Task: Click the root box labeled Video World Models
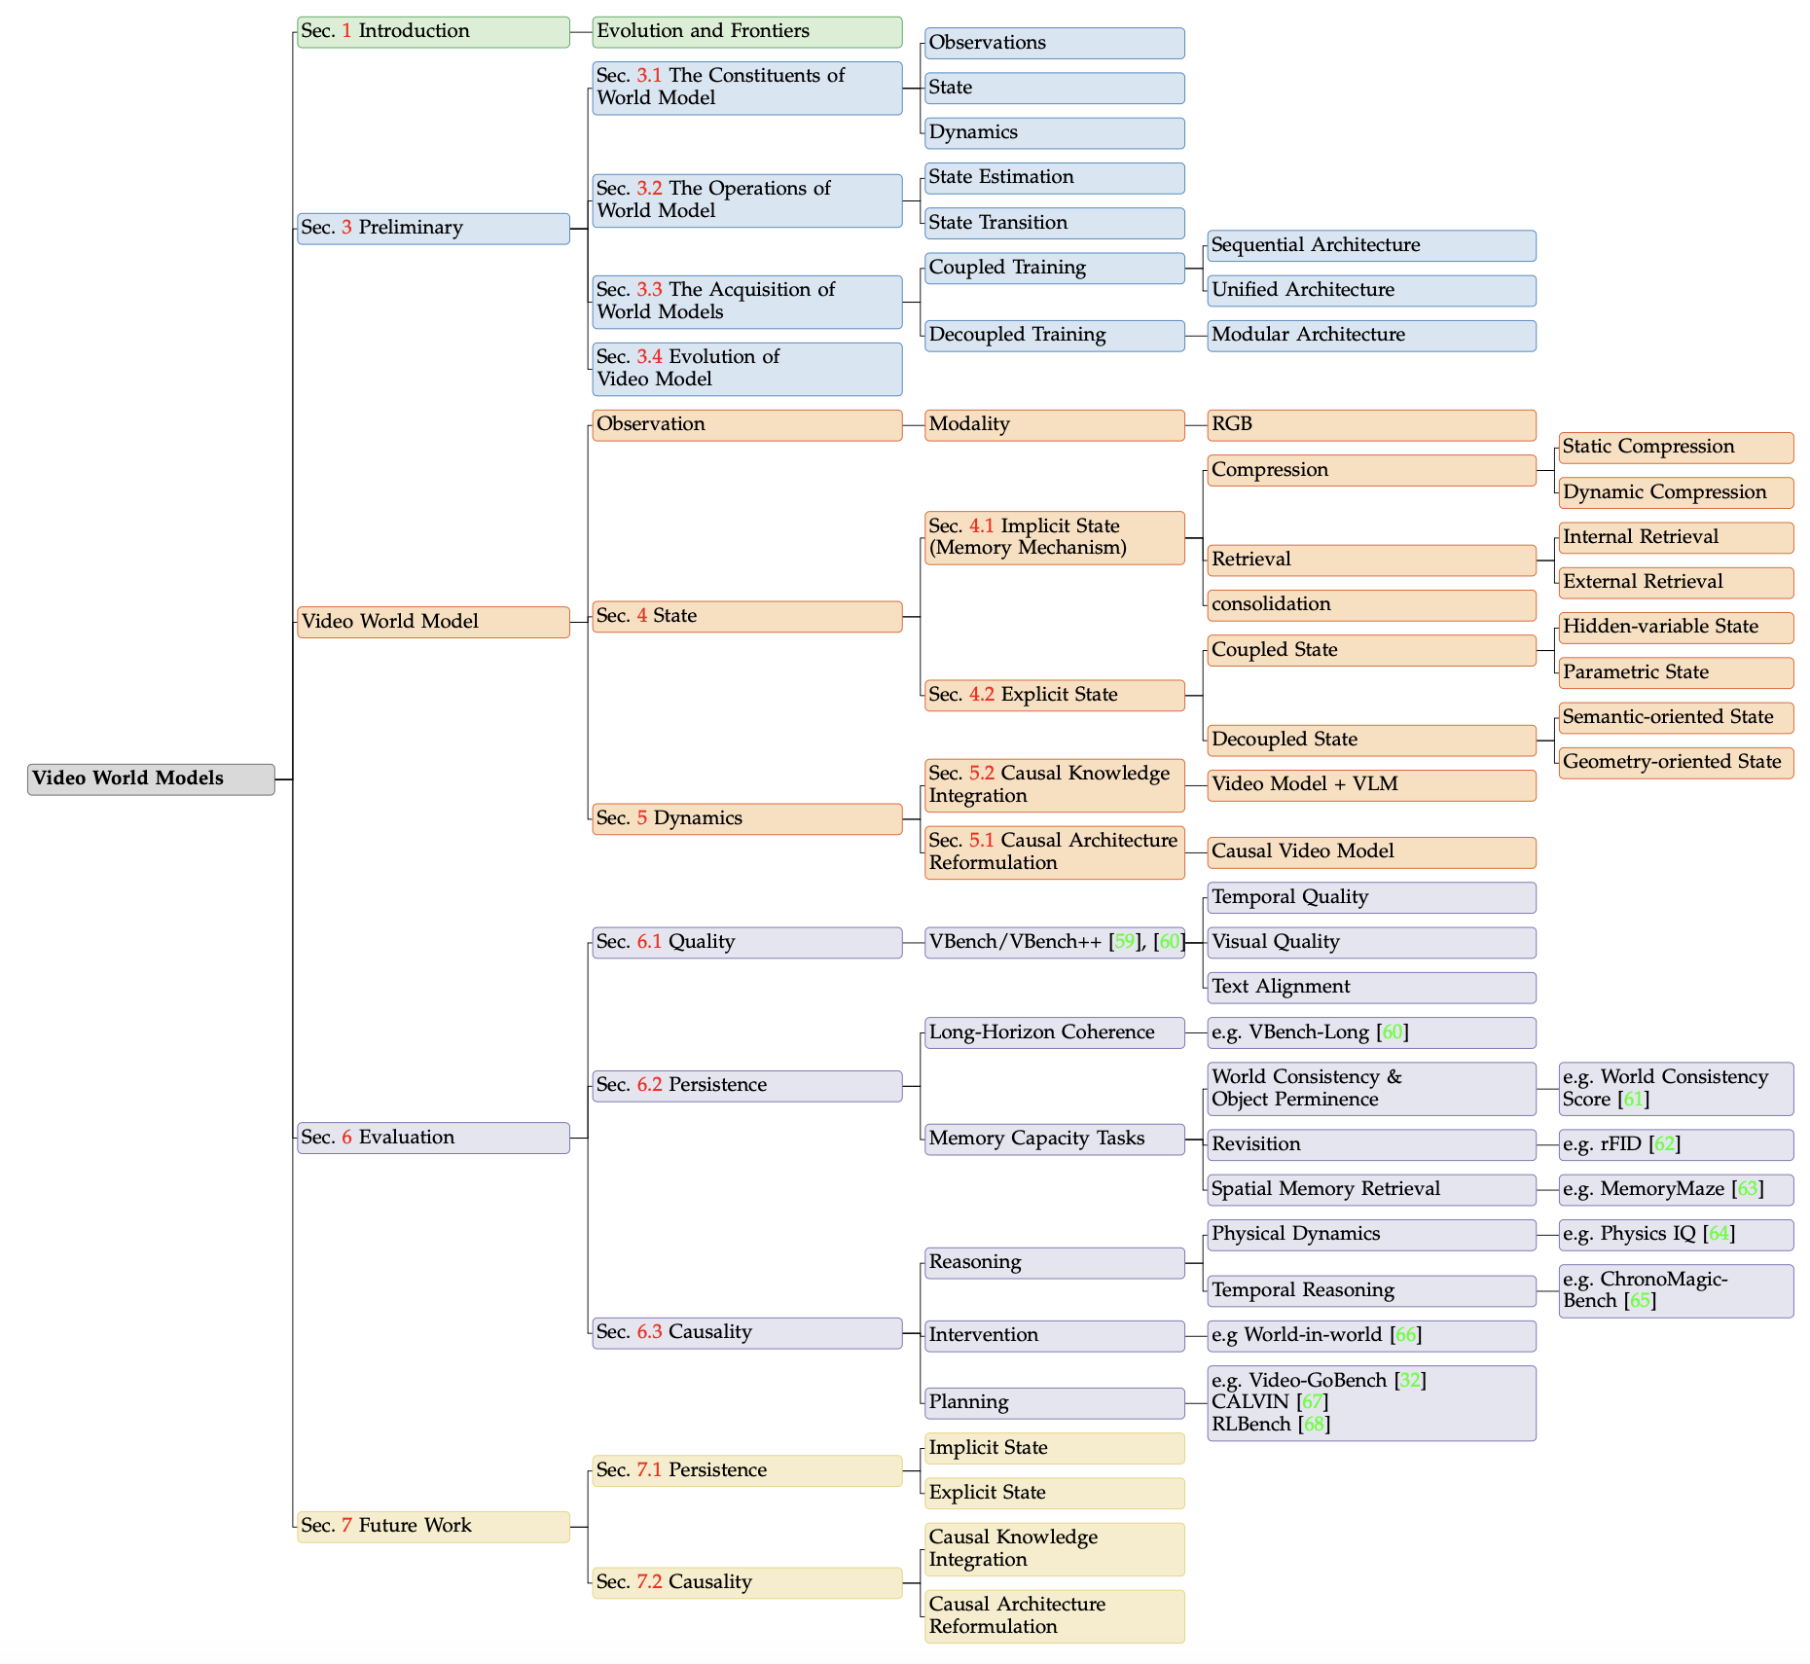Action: point(151,778)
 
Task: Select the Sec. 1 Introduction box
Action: point(433,31)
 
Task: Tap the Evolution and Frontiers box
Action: point(746,31)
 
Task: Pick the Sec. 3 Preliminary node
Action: point(433,228)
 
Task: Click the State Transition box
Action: point(1054,223)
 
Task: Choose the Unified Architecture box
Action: point(1371,290)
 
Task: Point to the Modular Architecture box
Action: point(1371,335)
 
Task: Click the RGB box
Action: point(1371,424)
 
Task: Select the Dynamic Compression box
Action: point(1675,492)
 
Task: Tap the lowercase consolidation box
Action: point(1371,604)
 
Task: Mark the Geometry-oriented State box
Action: point(1675,762)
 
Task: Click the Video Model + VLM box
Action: point(1371,784)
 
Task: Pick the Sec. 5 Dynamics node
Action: point(746,818)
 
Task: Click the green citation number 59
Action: point(1125,942)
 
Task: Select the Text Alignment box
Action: point(1371,987)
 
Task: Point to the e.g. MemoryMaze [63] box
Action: point(1675,1189)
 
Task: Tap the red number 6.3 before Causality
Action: point(649,1332)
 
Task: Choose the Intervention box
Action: point(1054,1335)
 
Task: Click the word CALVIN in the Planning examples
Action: point(1250,1402)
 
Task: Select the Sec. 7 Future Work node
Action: point(433,1526)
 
